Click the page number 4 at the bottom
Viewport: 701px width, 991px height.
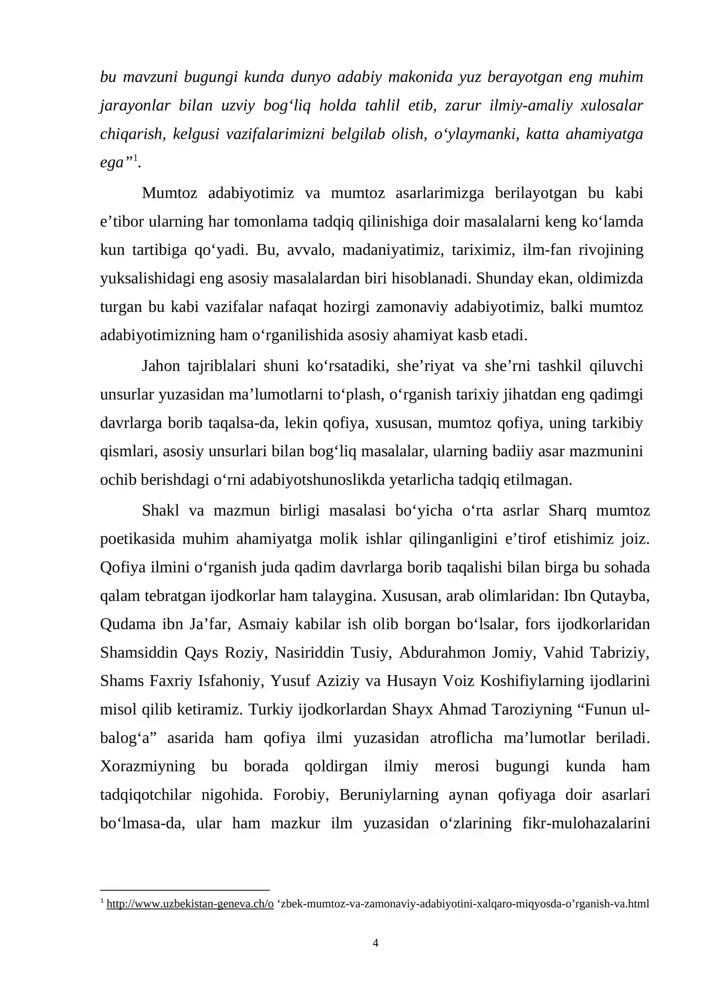tap(375, 943)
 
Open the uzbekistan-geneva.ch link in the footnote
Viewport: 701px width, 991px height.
tap(190, 903)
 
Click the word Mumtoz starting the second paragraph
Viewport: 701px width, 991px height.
tap(169, 193)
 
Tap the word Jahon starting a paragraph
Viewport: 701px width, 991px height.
tap(160, 366)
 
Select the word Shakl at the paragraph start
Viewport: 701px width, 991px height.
tap(160, 510)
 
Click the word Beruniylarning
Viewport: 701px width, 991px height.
tap(389, 795)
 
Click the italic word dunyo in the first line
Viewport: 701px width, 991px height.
tap(311, 77)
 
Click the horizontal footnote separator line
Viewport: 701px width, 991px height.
tap(184, 890)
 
